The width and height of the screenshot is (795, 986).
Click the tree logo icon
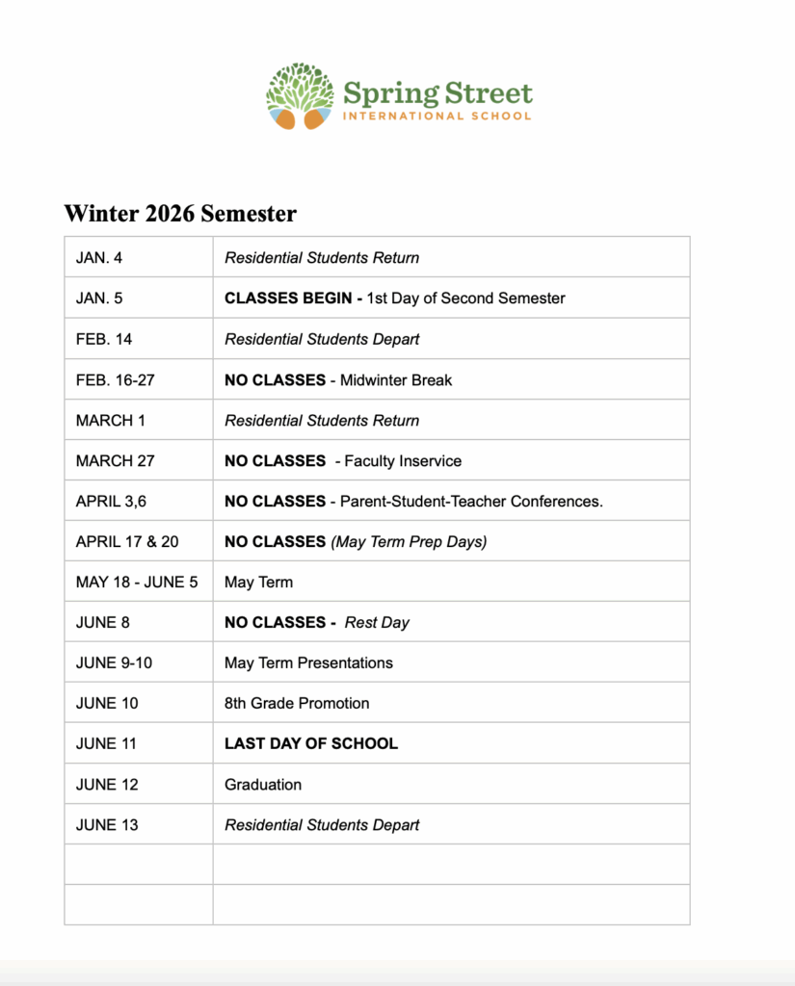coord(300,96)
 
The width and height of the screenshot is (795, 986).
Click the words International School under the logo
coord(437,117)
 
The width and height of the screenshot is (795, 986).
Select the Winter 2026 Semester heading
coord(180,213)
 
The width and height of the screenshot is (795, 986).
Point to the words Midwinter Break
coord(396,380)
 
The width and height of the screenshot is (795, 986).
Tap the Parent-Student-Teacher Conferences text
coord(471,502)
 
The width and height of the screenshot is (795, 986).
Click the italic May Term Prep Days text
coord(410,542)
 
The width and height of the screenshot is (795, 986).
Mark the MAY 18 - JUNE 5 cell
coord(137,583)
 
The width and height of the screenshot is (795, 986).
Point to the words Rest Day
coord(377,623)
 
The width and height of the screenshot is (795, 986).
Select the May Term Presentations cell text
coord(308,663)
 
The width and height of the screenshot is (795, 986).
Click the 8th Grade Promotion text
coord(297,704)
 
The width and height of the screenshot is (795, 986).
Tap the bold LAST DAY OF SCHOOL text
coord(311,744)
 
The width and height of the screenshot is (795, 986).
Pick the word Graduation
coord(263,785)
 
